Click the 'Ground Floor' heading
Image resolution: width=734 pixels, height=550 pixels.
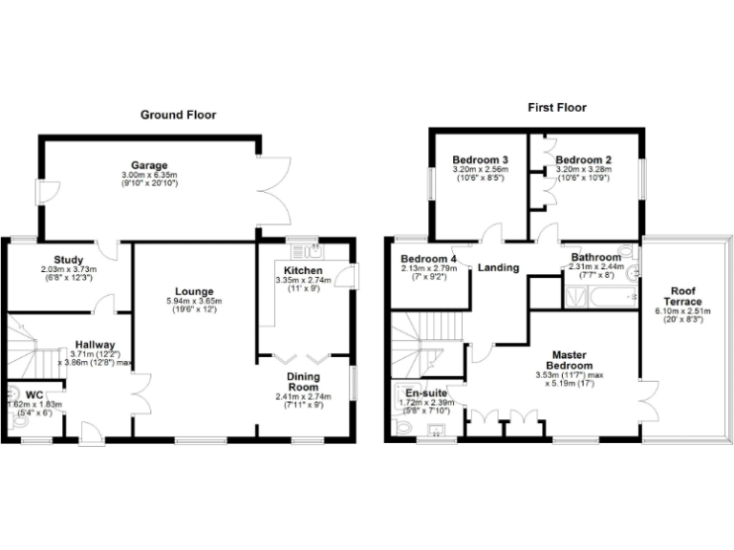coord(178,115)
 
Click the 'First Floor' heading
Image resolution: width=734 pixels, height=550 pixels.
coord(557,108)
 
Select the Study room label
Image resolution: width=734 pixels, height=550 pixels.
coord(68,260)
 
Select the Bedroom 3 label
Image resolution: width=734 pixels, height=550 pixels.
coord(480,159)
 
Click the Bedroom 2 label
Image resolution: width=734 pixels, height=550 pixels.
coord(583,159)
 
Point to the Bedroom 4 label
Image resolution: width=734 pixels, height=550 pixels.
coord(428,259)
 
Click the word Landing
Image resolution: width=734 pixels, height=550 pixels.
coord(498,268)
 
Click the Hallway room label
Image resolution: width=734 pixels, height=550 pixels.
coord(96,345)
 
